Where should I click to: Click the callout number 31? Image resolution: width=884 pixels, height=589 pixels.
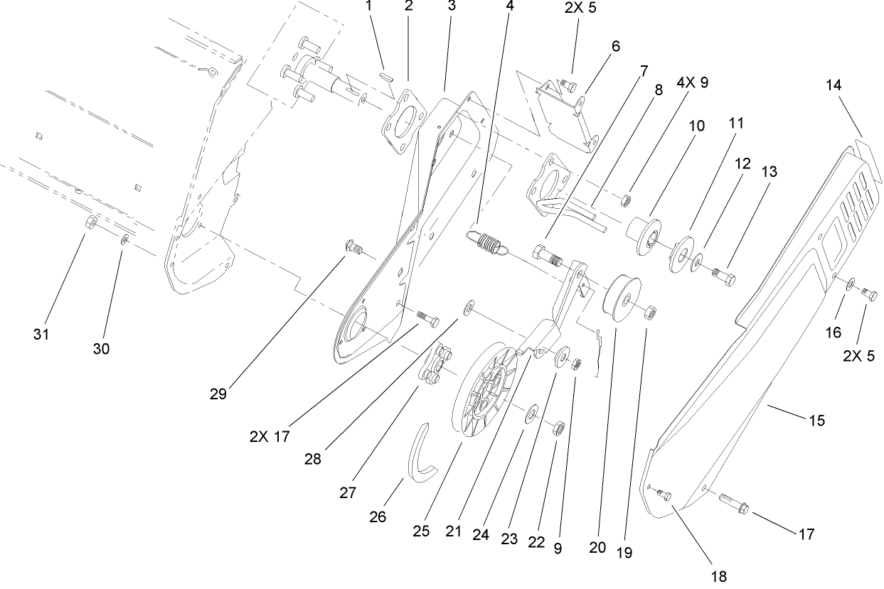[x=42, y=334]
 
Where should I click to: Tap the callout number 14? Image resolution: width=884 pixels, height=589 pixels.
[x=834, y=85]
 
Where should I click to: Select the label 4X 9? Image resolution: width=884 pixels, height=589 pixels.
[x=692, y=82]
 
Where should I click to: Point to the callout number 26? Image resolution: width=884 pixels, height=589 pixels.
[x=378, y=517]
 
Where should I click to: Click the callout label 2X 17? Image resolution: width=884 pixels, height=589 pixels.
[x=270, y=436]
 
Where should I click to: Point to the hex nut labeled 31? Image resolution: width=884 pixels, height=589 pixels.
[x=91, y=224]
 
